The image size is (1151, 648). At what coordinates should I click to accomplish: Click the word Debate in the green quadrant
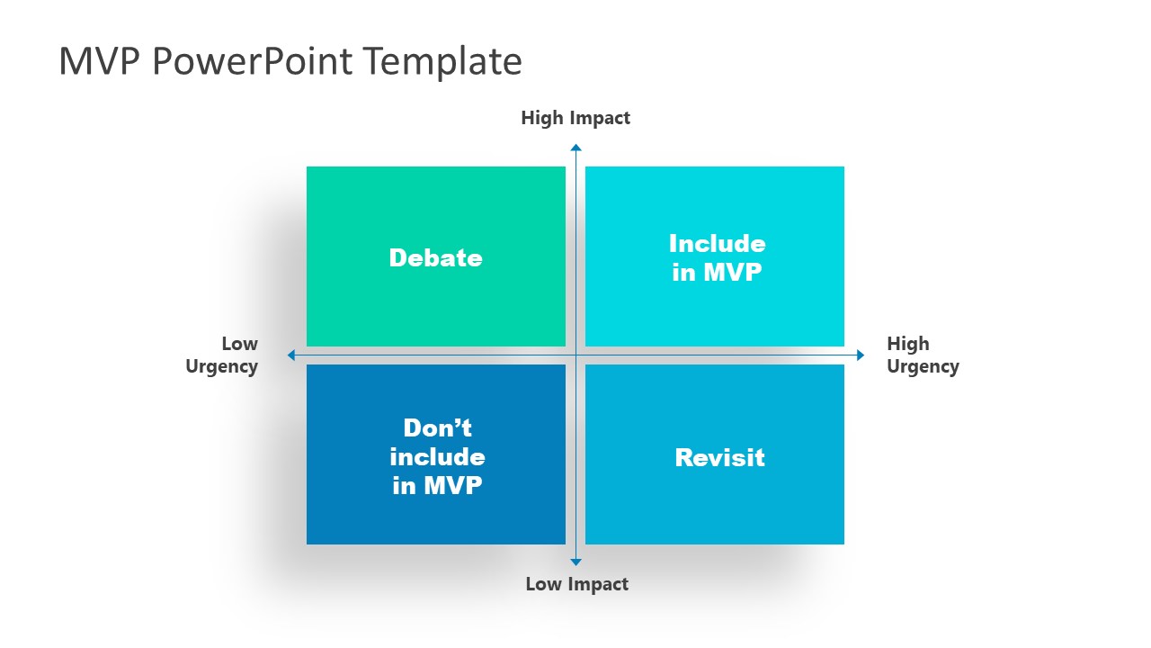[x=435, y=258]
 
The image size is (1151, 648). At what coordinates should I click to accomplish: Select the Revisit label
[x=719, y=457]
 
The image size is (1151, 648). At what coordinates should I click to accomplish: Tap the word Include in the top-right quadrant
[x=717, y=244]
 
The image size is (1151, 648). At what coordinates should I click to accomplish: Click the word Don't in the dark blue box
[x=437, y=427]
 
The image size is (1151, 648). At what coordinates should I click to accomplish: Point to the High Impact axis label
[x=575, y=118]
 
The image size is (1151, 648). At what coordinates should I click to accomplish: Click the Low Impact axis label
[x=576, y=584]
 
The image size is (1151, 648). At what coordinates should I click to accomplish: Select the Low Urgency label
[x=222, y=355]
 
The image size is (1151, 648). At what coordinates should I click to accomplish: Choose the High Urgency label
[x=923, y=355]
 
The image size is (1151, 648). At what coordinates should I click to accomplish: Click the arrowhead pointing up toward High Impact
[x=575, y=148]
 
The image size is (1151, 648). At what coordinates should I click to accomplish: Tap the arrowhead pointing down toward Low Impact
[x=575, y=562]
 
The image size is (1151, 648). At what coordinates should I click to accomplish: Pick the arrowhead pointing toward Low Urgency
[x=291, y=355]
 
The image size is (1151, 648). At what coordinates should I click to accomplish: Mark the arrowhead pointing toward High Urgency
[x=860, y=355]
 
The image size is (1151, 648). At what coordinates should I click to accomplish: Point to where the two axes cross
[x=575, y=355]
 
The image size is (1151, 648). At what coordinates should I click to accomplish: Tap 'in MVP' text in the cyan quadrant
[x=717, y=272]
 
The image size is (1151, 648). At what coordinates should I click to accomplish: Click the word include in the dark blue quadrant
[x=437, y=456]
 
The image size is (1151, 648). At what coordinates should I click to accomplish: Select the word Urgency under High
[x=923, y=366]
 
